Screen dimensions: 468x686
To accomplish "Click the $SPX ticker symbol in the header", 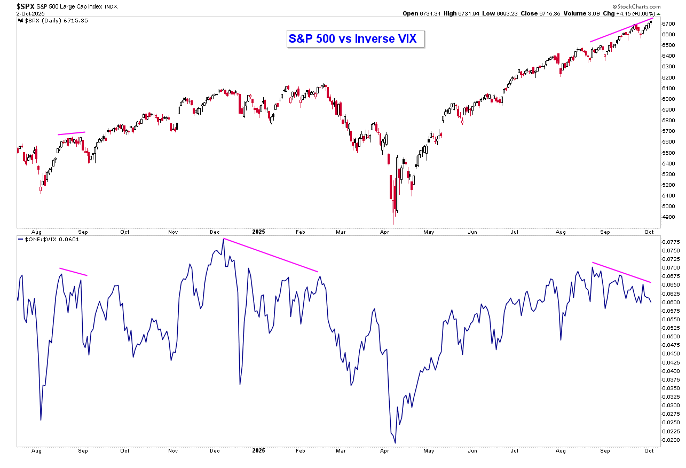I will [x=26, y=6].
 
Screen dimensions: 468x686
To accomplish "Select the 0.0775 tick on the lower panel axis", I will [x=671, y=242].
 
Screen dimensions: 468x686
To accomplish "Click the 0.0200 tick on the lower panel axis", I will [x=671, y=440].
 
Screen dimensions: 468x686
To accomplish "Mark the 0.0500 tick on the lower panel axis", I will [x=671, y=336].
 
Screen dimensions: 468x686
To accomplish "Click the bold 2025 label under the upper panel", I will [x=258, y=232].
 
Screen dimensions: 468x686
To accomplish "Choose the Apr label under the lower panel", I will [x=384, y=451].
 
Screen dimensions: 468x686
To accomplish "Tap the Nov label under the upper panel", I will [x=172, y=232].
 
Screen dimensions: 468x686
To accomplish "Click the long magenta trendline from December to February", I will [x=271, y=255].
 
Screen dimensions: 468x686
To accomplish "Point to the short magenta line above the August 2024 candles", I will [x=72, y=133].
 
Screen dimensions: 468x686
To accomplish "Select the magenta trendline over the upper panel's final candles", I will [x=621, y=30].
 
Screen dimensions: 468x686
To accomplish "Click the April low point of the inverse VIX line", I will [x=395, y=442].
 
